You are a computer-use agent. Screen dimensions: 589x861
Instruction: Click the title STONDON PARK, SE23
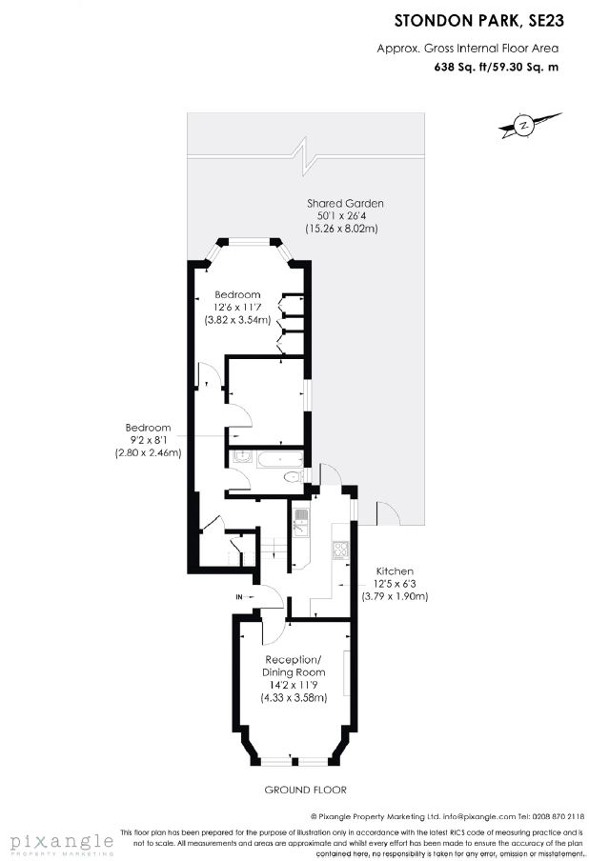pos(479,21)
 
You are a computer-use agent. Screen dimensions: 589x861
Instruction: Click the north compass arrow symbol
pos(530,125)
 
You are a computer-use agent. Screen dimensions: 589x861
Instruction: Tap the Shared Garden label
pos(345,203)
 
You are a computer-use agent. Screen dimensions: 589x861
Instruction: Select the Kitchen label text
pos(395,571)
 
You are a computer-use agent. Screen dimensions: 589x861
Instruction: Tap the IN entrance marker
pos(239,596)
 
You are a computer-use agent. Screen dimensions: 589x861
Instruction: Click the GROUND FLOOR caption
pos(306,790)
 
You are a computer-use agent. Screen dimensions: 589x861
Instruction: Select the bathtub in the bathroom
pos(280,458)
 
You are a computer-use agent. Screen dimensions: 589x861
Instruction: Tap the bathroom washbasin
pos(241,457)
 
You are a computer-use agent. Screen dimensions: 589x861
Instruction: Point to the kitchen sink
pos(300,522)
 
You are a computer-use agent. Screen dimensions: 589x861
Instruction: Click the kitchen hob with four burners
pos(340,550)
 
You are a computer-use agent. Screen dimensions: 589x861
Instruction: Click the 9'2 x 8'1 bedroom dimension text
pos(148,440)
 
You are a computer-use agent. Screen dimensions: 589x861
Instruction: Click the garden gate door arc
pos(389,512)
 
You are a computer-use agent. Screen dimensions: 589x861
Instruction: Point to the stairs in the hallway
pos(274,549)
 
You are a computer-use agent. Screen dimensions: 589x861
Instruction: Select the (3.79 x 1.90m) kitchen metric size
pos(395,596)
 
